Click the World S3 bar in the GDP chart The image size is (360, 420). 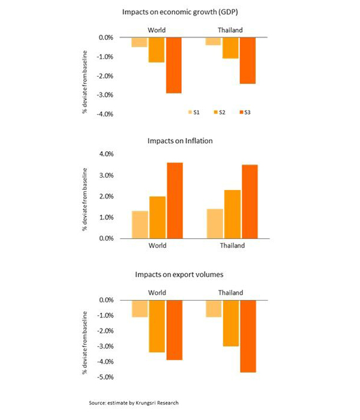click(x=174, y=65)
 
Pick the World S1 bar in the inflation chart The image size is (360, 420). click(x=139, y=224)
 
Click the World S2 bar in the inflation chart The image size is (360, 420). click(x=157, y=217)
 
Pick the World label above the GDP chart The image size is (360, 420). click(x=157, y=29)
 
